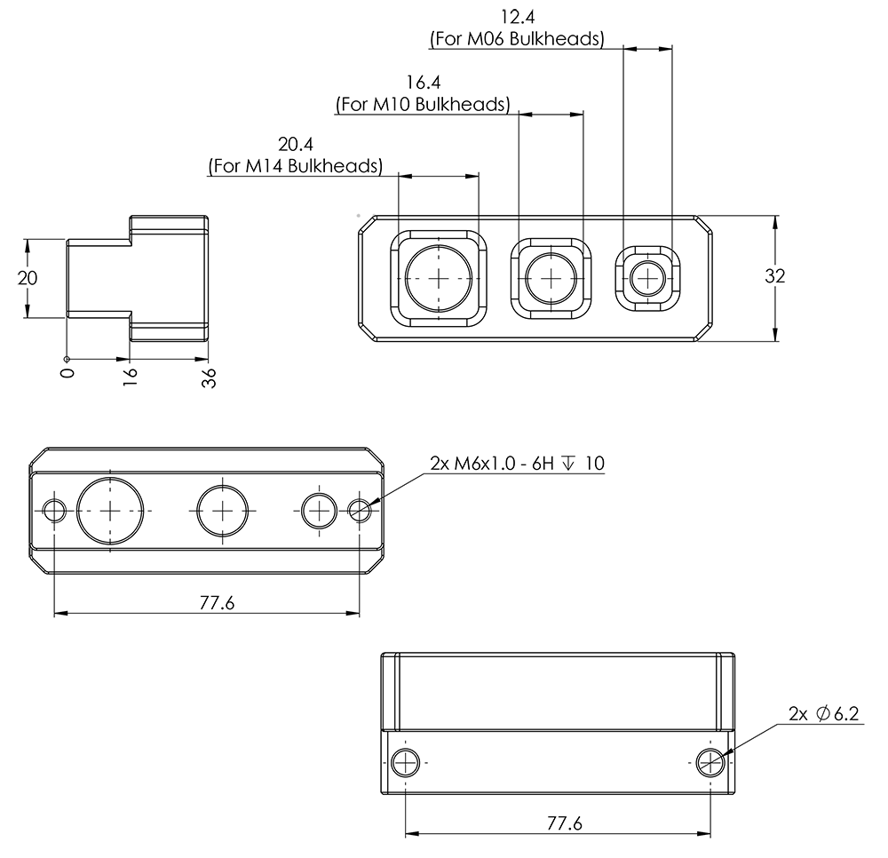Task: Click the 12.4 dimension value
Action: [x=520, y=17]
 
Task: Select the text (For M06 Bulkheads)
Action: [x=516, y=39]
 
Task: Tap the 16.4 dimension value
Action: [x=424, y=83]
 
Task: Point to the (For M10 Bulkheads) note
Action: [x=423, y=105]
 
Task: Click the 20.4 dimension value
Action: [x=296, y=144]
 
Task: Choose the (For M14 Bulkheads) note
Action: [x=296, y=166]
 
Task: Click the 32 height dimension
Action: [x=775, y=276]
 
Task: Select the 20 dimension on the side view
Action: [x=28, y=277]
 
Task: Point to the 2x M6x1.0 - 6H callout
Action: [x=516, y=464]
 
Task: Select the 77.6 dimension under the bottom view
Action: [x=564, y=823]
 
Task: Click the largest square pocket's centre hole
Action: [x=440, y=277]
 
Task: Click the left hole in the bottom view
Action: [x=405, y=762]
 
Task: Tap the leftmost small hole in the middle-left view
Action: [x=55, y=510]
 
